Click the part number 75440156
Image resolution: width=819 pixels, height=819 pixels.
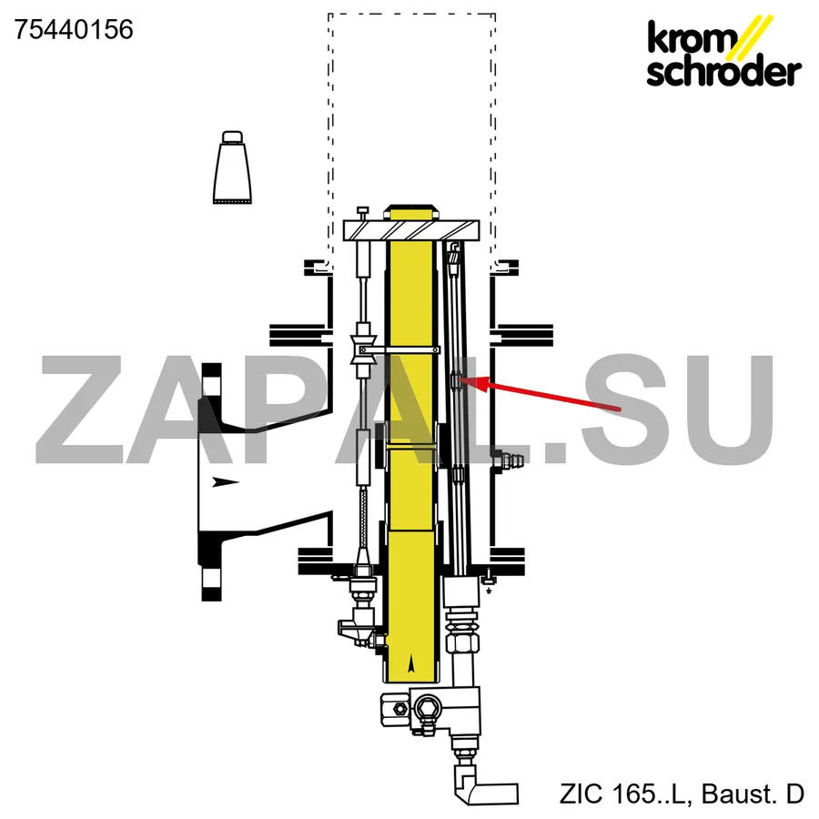point(74,30)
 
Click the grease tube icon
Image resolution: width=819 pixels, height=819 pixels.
point(232,167)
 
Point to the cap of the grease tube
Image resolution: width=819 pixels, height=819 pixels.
point(232,136)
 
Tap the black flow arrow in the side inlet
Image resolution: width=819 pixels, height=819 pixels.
point(226,481)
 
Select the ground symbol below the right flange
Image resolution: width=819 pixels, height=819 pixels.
point(489,591)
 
